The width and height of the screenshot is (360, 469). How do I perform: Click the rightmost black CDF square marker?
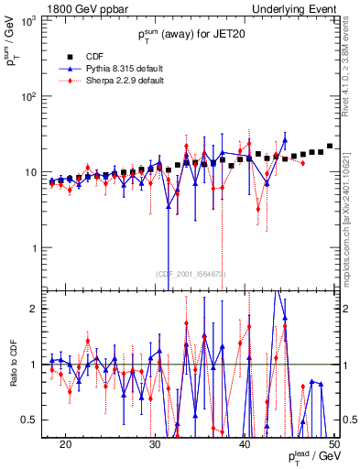click(x=330, y=146)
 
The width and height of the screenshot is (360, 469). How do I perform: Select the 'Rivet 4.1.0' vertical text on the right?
click(x=350, y=65)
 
